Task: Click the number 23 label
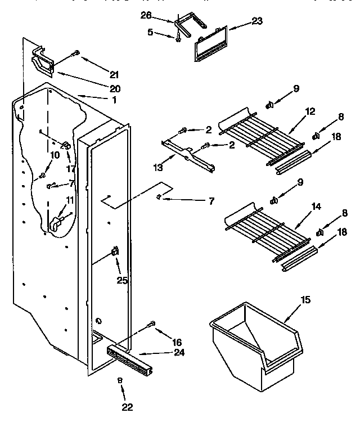pos(256,23)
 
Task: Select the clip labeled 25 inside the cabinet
pos(115,251)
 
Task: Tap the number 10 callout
pos(55,155)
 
